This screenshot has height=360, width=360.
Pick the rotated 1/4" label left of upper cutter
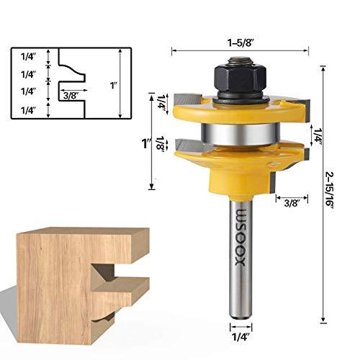(161, 101)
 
